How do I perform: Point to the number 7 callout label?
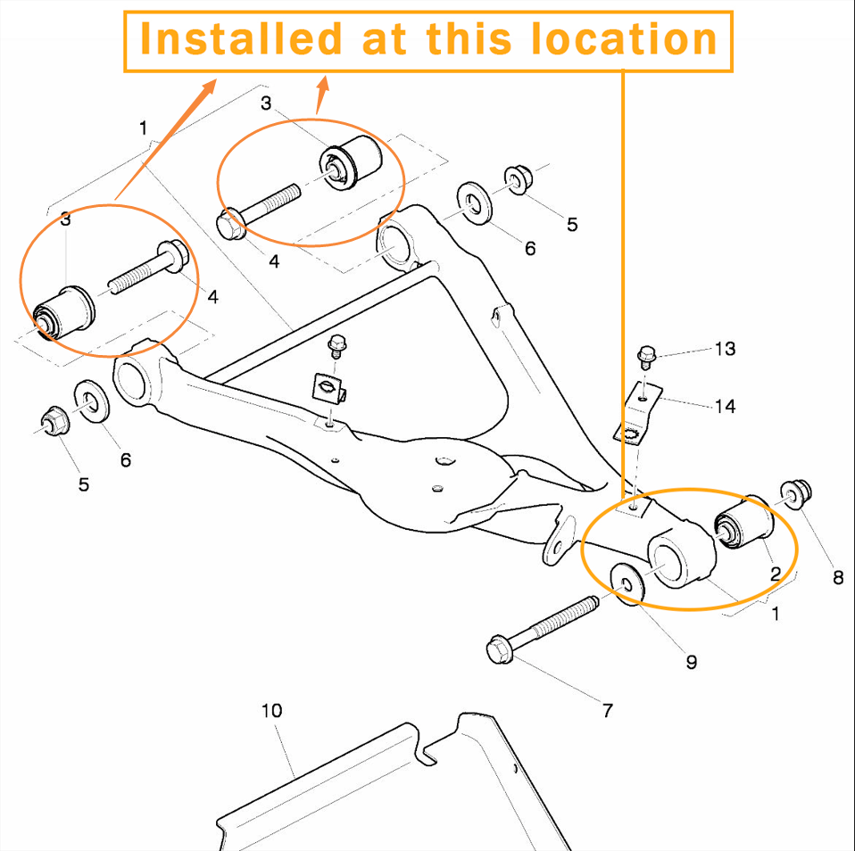(x=608, y=710)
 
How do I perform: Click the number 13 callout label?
(x=725, y=349)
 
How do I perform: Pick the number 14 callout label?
(x=725, y=407)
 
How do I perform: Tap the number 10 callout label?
(x=271, y=710)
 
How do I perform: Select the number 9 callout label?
(x=691, y=662)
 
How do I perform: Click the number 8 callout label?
(x=837, y=577)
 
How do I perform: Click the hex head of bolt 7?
(x=500, y=649)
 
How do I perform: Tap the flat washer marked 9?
(x=628, y=584)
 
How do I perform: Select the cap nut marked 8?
(x=793, y=494)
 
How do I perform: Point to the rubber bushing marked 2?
(x=745, y=527)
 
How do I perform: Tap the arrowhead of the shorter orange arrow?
(x=323, y=83)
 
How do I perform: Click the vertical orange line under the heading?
(x=621, y=268)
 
